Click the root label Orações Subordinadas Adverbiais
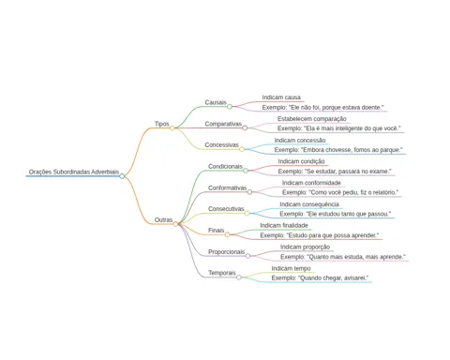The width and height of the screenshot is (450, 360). point(74,172)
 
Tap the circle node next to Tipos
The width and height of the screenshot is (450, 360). point(172,127)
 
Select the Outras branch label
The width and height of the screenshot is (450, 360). point(163,220)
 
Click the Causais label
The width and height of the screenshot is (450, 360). point(216,102)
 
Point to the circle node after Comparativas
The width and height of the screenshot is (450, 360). point(245,127)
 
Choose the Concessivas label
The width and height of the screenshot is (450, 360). point(221,145)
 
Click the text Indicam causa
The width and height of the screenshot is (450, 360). point(281,97)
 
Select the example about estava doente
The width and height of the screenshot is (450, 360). point(322,108)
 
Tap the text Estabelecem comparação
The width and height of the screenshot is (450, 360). point(312,119)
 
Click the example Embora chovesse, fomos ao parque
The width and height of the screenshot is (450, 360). point(338,150)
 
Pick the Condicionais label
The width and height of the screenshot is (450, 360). point(225,167)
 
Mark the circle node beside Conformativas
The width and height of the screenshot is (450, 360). point(249,192)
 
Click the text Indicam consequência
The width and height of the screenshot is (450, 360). point(309,204)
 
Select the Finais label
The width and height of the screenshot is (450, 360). point(217,231)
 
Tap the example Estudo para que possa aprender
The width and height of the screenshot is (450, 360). point(320,235)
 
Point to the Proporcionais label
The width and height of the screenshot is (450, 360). point(226,252)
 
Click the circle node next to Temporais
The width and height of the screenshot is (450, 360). point(239,277)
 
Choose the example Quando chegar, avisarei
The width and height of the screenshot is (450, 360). point(320,278)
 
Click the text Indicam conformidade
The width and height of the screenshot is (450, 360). point(311,183)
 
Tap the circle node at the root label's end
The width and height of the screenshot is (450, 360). point(122,176)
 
